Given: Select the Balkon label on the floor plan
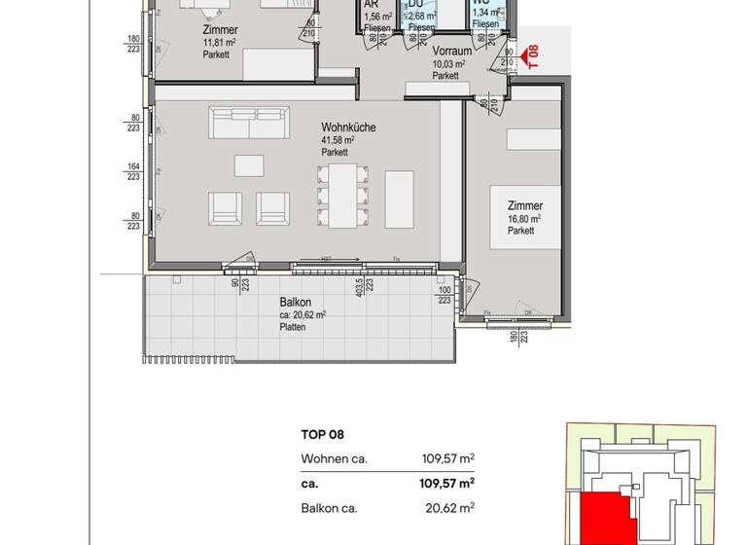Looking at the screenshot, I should pos(295,302).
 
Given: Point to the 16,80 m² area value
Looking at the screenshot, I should pos(523,219).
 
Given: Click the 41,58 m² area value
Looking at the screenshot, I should pos(338,141).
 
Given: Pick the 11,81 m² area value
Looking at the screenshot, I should pos(219,43).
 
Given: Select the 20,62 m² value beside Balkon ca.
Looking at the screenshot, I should pos(452,507).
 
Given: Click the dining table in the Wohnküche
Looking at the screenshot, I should pos(343,194).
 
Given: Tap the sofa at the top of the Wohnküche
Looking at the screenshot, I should pos(248,122).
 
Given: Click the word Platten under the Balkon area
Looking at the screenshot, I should pos(292,327).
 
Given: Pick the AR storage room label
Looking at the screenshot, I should pos(371,5).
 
